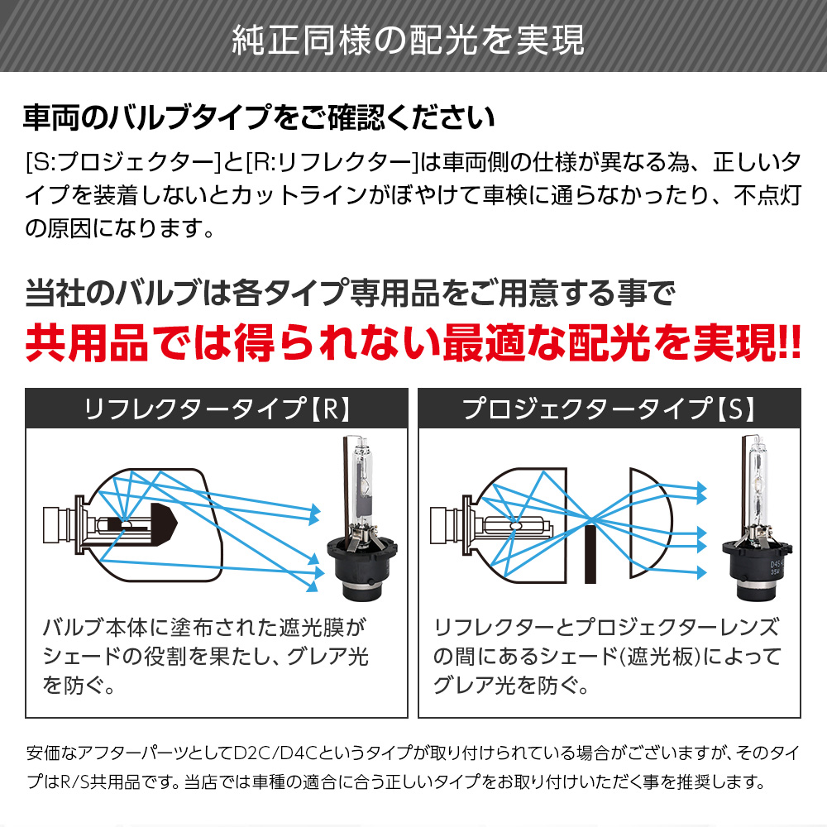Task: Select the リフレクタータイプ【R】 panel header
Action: point(218,409)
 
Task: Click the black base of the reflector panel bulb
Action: point(361,575)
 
